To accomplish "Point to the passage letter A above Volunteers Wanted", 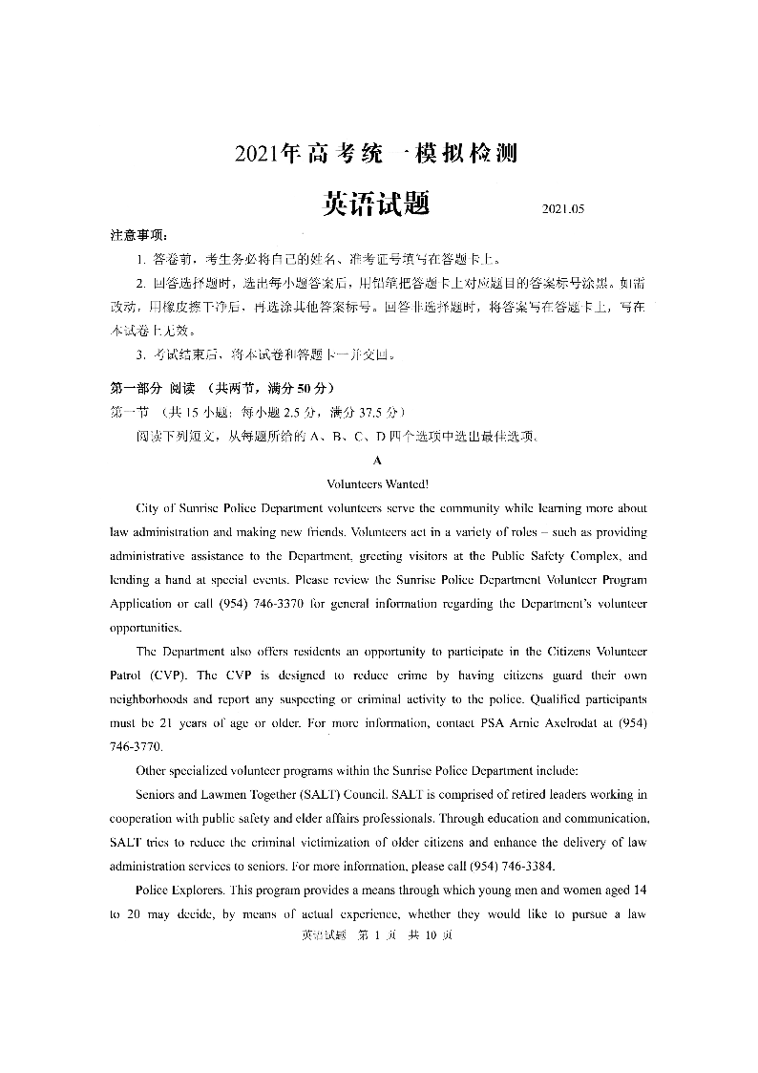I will coord(378,460).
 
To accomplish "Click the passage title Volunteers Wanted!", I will coord(378,483).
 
